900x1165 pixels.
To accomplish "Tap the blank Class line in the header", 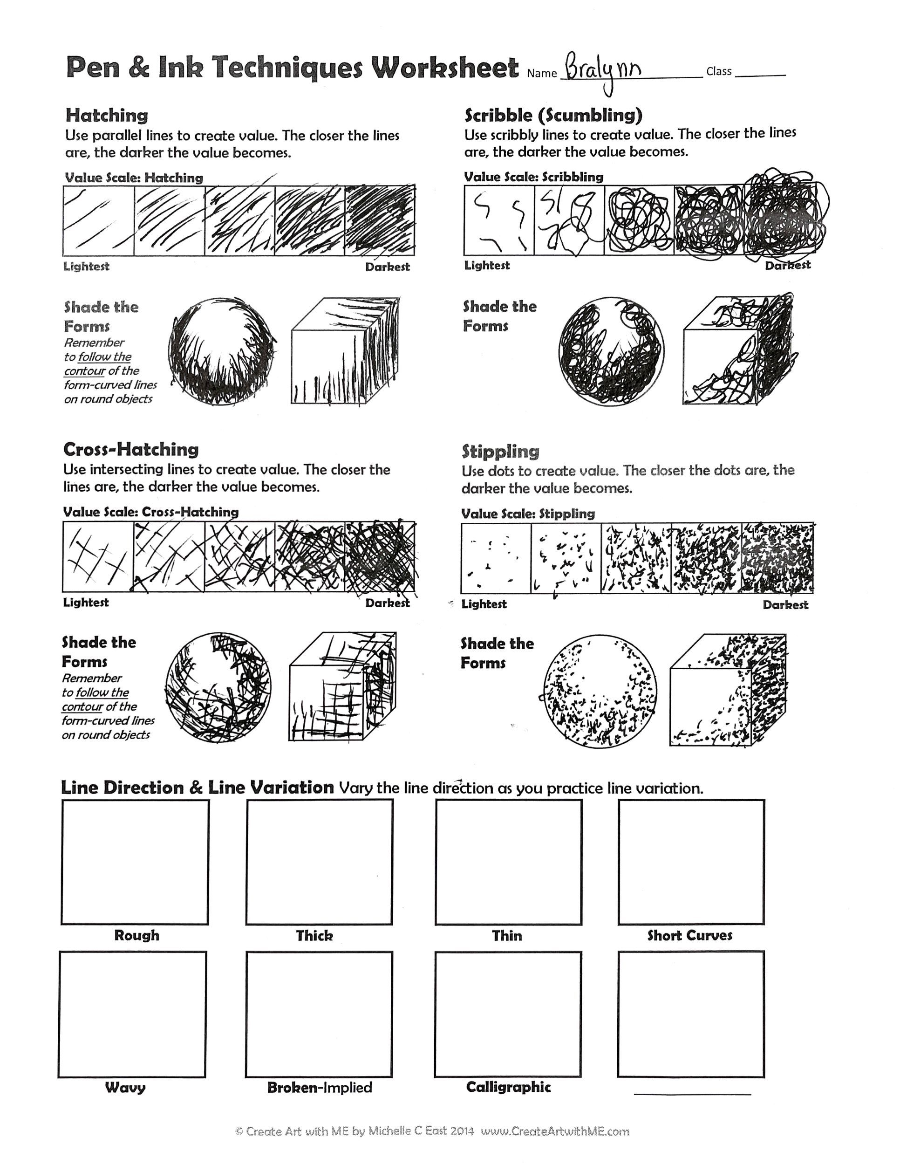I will tap(760, 74).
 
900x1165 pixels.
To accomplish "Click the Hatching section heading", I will tap(107, 115).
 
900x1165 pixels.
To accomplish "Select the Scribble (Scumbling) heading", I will tap(553, 115).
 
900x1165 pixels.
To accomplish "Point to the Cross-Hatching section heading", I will tap(130, 449).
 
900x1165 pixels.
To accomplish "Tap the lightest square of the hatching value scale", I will tap(98, 220).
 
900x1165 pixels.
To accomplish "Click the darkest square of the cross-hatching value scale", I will tap(380, 556).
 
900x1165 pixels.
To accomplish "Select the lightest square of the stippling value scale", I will tap(496, 557).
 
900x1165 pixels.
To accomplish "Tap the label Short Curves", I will tap(689, 935).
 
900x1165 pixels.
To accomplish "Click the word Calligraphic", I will tap(508, 1087).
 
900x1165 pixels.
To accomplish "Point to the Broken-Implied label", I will tap(320, 1088).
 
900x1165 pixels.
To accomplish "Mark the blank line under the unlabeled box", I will tap(692, 1094).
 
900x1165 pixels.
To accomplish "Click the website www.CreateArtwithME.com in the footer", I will tap(554, 1131).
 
